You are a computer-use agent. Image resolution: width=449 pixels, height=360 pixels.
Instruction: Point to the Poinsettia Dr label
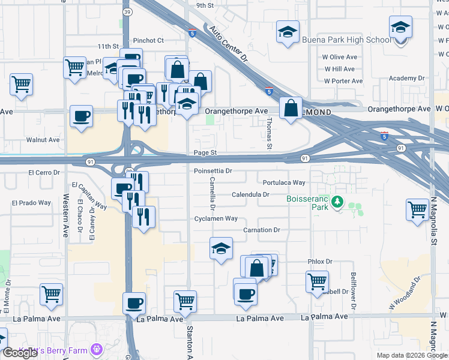point(213,171)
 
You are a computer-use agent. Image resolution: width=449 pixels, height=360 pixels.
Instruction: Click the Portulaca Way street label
point(284,182)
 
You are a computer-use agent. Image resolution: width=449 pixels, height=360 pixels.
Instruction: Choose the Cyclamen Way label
point(216,218)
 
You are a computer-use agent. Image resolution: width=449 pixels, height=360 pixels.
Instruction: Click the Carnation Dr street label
point(262,230)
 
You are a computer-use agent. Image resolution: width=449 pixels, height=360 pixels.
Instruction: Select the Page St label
point(205,153)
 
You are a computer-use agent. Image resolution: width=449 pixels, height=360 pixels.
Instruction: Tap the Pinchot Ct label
point(148,41)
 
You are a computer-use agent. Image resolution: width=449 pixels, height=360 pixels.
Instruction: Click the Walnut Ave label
point(43,140)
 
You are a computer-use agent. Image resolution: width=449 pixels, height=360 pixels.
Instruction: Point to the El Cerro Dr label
point(44,172)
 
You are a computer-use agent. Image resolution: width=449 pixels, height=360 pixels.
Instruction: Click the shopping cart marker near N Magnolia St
point(417,211)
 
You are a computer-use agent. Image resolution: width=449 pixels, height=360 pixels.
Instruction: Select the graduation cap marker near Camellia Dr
point(221,248)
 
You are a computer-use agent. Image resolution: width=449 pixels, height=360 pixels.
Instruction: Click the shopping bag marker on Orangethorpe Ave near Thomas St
point(291,109)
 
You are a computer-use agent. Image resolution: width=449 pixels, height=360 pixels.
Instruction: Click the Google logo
point(20,353)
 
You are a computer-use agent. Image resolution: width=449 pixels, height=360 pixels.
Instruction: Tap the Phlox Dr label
point(320,262)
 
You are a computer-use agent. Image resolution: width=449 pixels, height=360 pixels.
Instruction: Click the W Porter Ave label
point(343,81)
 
